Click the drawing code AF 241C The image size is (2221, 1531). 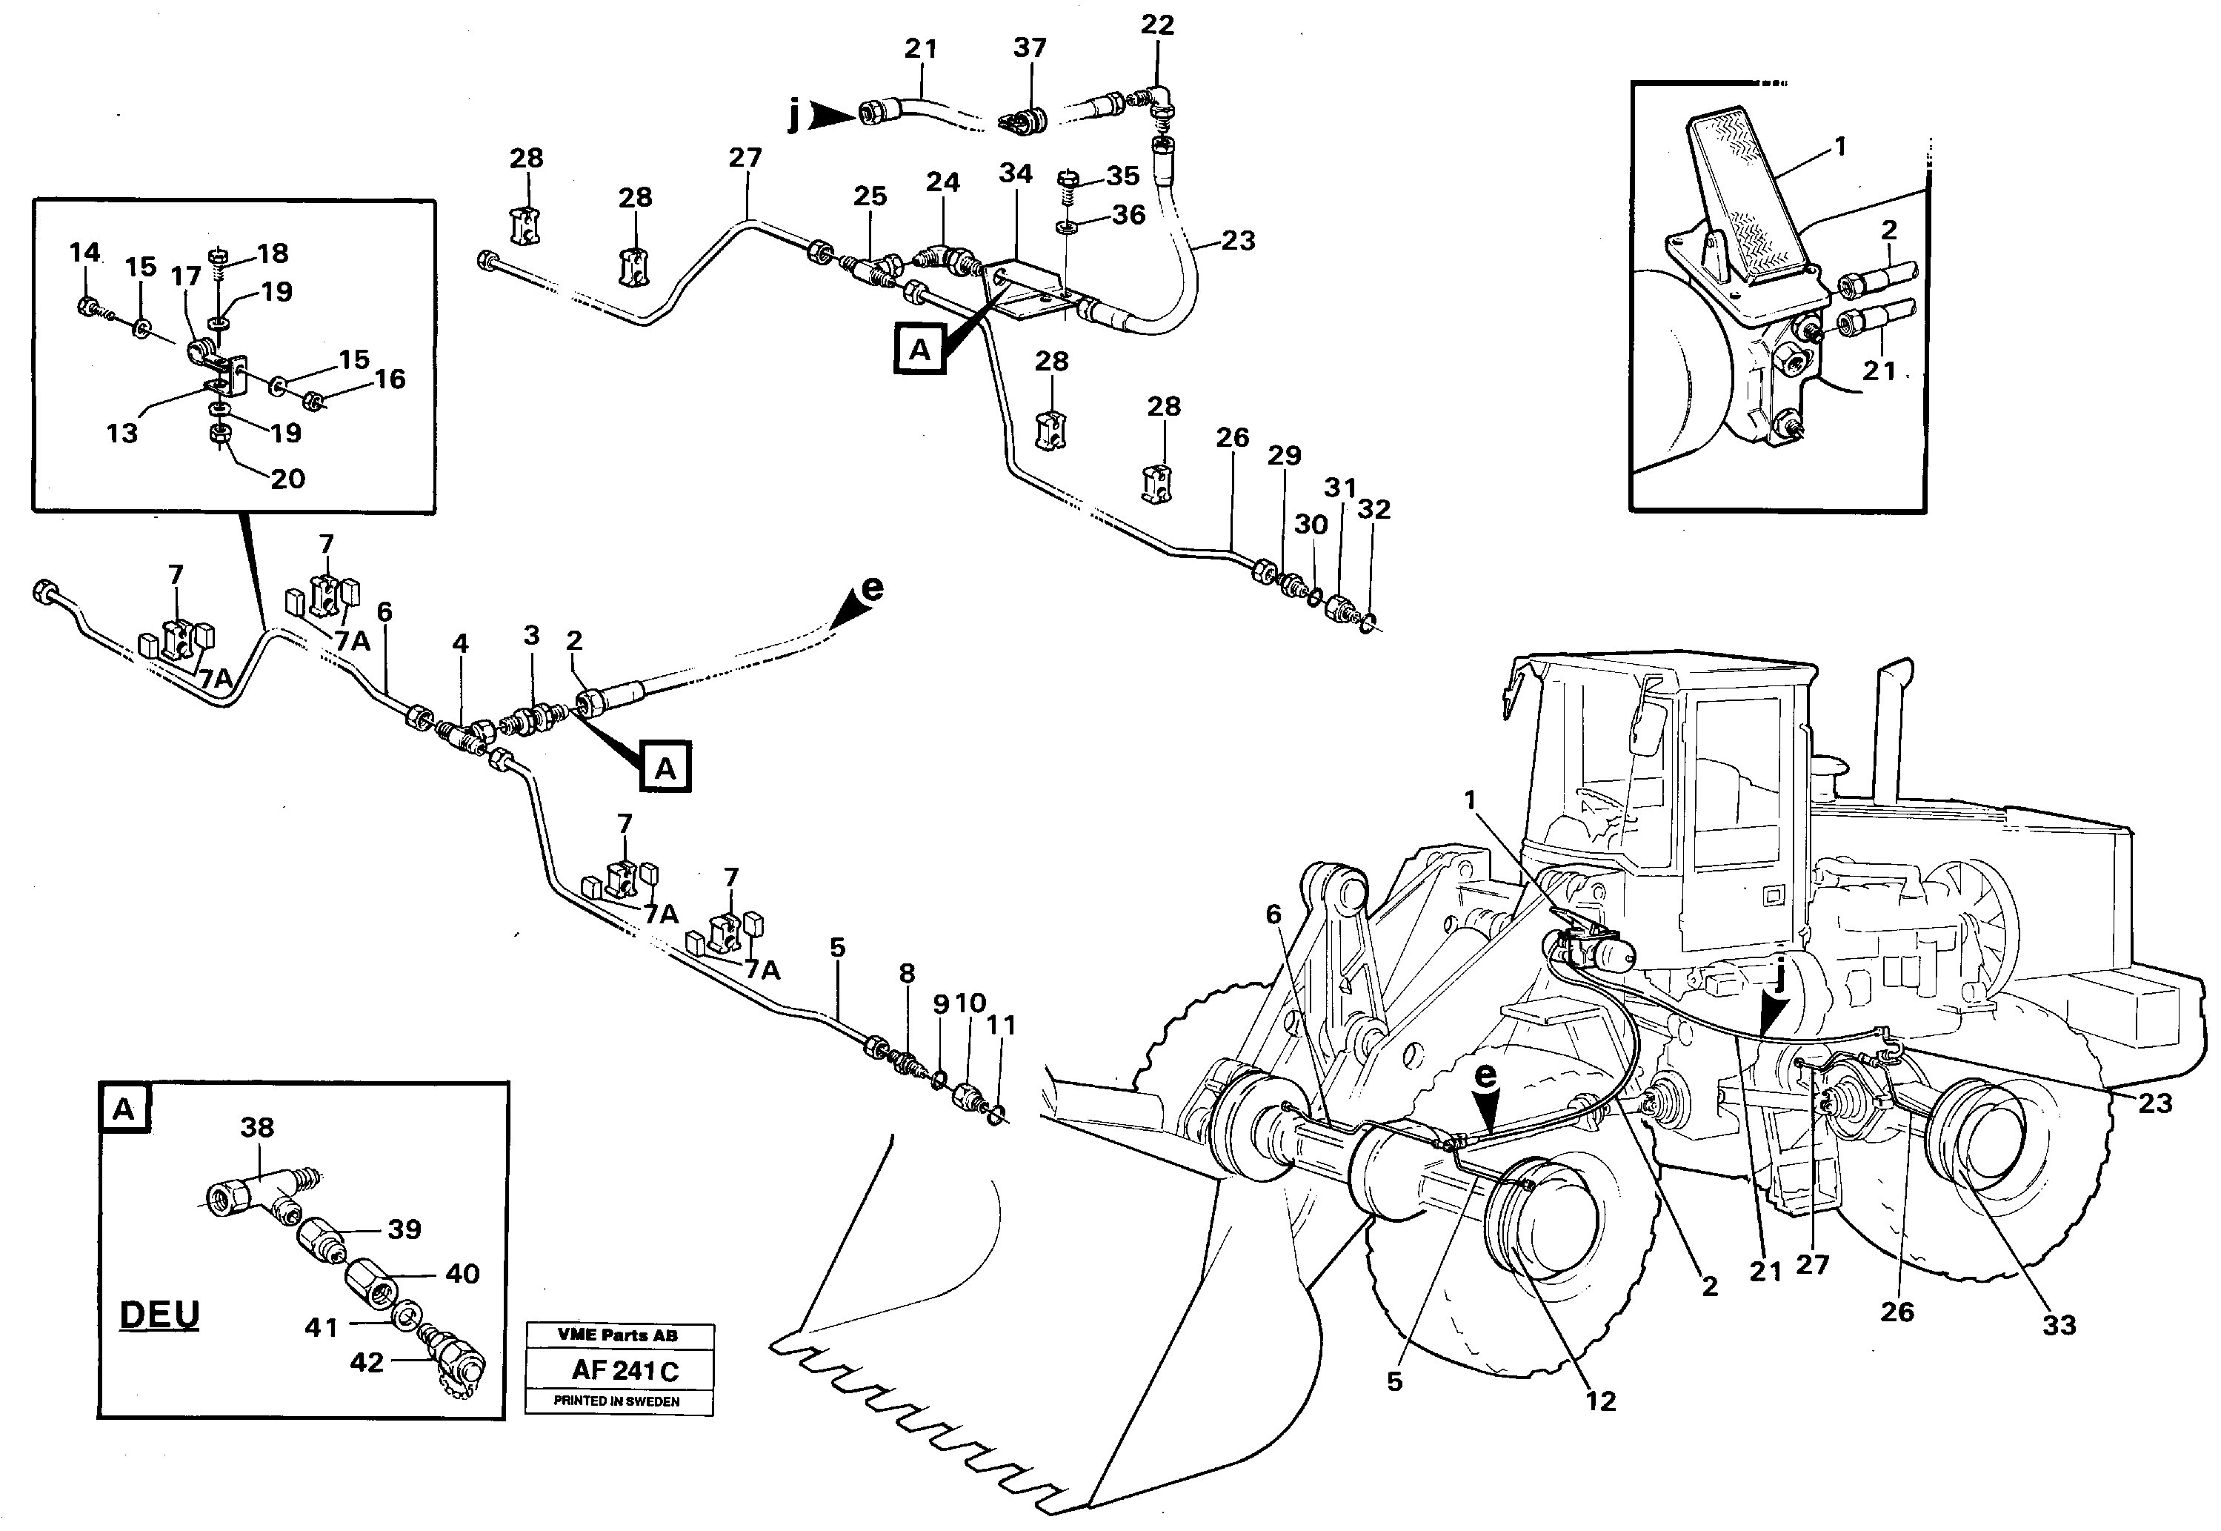point(625,1370)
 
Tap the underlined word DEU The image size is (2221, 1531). point(159,1314)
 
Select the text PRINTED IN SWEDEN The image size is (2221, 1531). point(616,1401)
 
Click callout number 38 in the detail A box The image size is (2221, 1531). point(257,1128)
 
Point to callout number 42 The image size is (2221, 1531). point(366,1362)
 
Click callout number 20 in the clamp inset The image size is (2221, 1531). point(287,478)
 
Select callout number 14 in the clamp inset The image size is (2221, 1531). point(84,252)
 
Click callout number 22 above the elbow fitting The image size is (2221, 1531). point(1157,25)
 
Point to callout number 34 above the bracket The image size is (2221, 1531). point(1016,173)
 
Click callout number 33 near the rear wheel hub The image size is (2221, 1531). point(2059,1325)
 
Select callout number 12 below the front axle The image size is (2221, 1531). point(1600,1401)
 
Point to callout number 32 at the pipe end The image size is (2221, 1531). point(1374,509)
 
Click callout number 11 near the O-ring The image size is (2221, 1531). point(1001,1026)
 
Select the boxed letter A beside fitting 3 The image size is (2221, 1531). point(665,768)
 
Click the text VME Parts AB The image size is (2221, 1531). point(618,1335)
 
